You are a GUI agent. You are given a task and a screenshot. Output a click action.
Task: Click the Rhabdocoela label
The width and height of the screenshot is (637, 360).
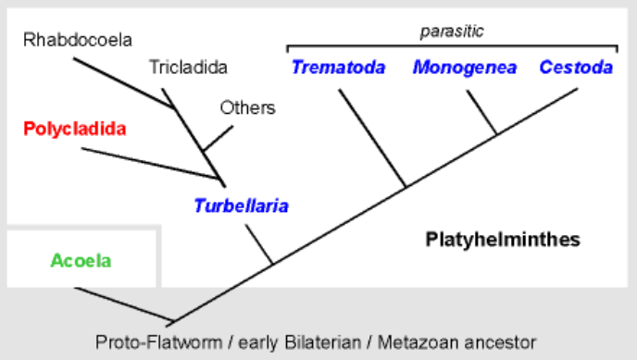pyautogui.click(x=79, y=40)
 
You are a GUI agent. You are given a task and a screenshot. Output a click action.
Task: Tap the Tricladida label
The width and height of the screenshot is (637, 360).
pyautogui.click(x=188, y=67)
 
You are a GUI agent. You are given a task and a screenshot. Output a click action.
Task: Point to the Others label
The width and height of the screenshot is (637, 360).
pyautogui.click(x=247, y=107)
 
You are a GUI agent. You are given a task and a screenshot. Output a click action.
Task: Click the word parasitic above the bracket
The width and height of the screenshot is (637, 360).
pyautogui.click(x=453, y=31)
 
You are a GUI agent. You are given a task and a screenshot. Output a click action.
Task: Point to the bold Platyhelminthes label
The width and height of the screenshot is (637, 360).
pyautogui.click(x=503, y=240)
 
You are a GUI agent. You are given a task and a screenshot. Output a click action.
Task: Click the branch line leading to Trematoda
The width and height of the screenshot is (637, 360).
pyautogui.click(x=372, y=139)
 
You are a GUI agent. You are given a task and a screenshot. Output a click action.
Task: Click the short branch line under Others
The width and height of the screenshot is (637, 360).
pyautogui.click(x=216, y=138)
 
